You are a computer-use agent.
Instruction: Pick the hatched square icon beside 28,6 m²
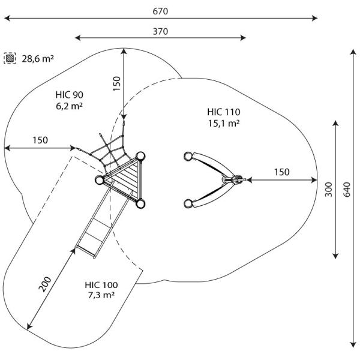pos(10,58)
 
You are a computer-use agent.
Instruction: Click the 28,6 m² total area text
pos(38,58)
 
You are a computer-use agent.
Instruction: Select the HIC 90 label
pos(69,94)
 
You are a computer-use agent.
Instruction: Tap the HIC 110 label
pos(224,112)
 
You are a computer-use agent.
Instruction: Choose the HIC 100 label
pos(101,284)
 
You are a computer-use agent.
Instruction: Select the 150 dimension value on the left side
pos(40,140)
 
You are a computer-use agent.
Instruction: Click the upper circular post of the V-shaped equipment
pos(189,157)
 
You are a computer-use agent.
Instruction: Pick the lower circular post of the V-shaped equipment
pos(189,202)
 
